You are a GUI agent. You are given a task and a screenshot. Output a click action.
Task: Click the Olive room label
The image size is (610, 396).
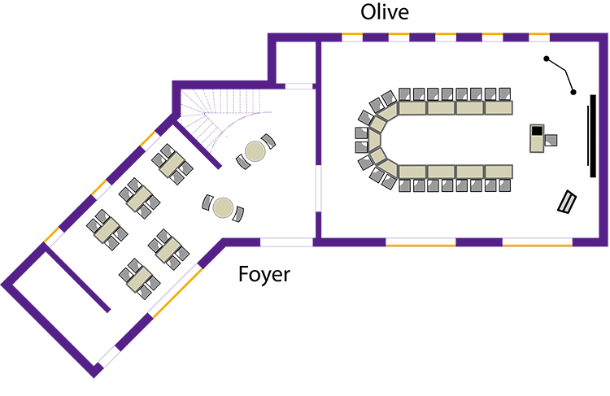pos(385,12)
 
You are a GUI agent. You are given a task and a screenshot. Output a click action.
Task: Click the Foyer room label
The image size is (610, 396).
pos(264,275)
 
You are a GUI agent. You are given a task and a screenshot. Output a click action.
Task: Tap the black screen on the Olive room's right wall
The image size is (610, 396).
pos(592,136)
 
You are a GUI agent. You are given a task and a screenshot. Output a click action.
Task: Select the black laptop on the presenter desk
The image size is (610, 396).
pos(538,130)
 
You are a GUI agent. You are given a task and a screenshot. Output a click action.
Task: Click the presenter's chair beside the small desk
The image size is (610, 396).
pos(551,140)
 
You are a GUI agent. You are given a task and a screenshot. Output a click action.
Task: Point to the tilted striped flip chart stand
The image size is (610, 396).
pos(567,202)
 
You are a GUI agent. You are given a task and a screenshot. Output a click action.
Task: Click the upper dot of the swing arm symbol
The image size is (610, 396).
pos(547,59)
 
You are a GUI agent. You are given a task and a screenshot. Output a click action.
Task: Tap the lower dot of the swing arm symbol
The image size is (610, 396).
pos(573,92)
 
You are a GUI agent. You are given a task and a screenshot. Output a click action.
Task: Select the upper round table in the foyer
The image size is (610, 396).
pos(255,151)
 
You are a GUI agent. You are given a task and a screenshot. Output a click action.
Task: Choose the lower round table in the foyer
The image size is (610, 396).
pos(223,208)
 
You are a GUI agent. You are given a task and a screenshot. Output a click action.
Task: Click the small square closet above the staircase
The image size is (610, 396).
pos(295,63)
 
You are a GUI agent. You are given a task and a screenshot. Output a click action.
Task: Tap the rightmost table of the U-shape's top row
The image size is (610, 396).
pos(499,108)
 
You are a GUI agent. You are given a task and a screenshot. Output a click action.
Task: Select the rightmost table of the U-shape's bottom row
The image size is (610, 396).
pos(499,172)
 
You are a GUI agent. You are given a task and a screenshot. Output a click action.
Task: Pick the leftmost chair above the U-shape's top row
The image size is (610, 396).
pos(404,94)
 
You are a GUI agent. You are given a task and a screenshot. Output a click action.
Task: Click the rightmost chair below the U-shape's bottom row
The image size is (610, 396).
pos(504,185)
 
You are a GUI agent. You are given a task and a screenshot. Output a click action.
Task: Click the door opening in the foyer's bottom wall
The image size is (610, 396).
pos(286,242)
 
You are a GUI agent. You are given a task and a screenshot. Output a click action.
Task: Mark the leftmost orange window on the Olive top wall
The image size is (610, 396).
pos(352,37)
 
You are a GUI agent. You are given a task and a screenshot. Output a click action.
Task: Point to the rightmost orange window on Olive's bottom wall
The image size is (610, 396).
pos(538,242)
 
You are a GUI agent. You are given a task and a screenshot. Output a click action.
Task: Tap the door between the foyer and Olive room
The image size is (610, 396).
pos(318,189)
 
